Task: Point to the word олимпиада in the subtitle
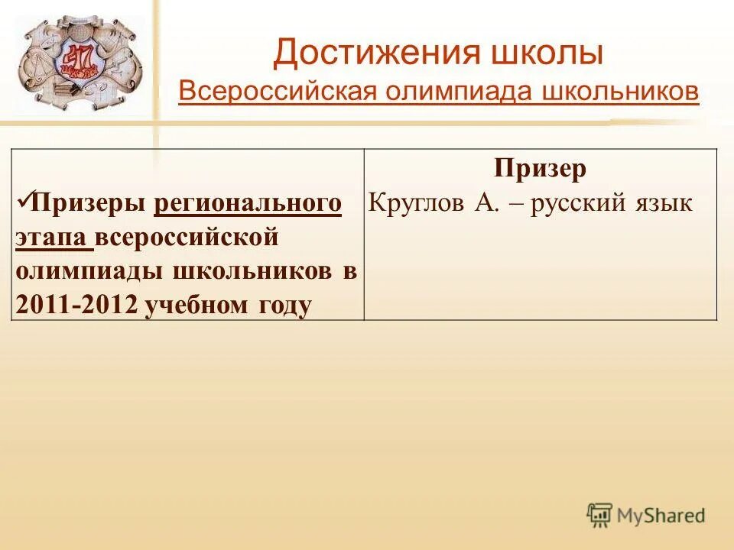[447, 92]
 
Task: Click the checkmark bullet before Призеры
[22, 202]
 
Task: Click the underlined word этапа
[52, 238]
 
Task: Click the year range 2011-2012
[76, 305]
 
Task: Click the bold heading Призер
[540, 169]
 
